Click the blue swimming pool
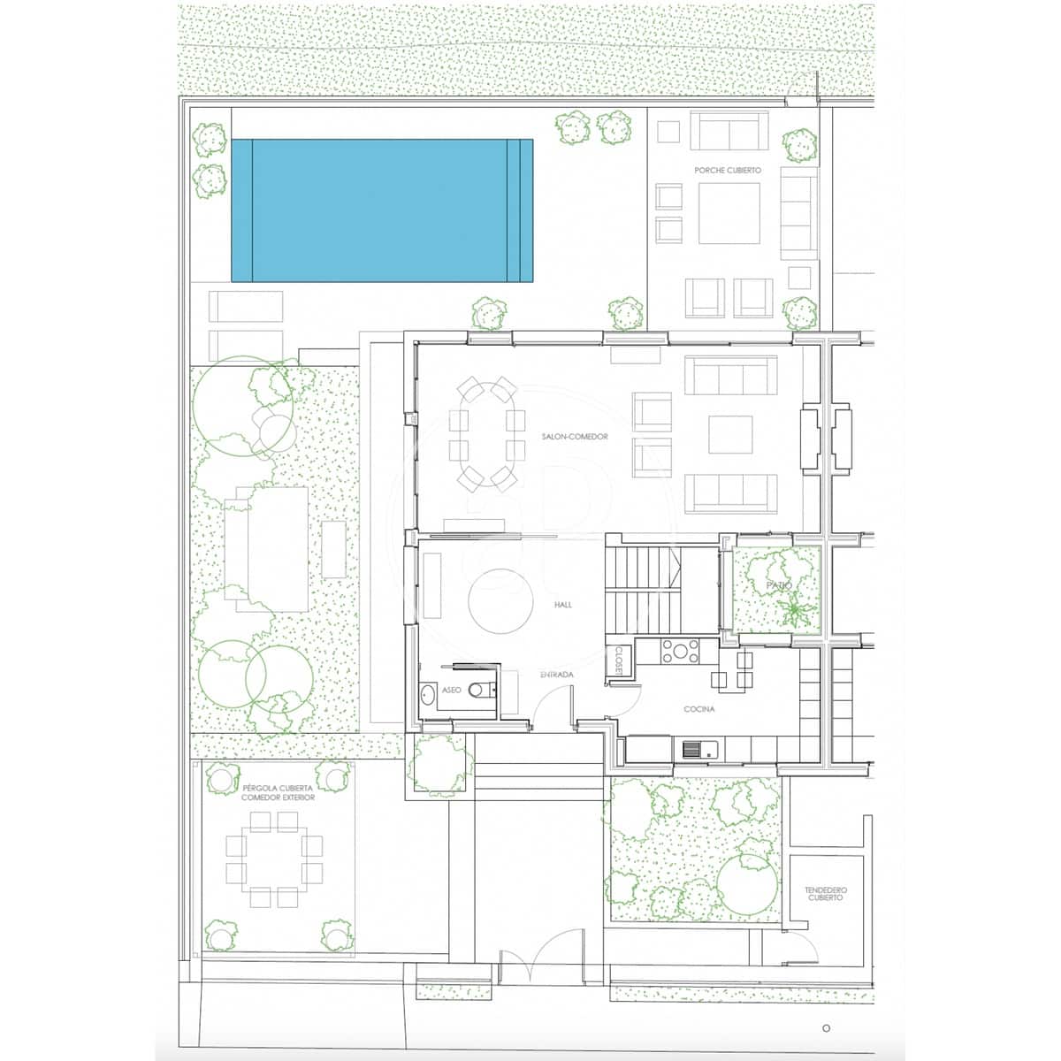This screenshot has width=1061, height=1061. pyautogui.click(x=382, y=210)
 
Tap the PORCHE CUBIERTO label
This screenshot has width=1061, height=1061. pyautogui.click(x=727, y=171)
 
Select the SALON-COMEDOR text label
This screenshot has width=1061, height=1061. pyautogui.click(x=576, y=437)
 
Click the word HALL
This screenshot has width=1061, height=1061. pyautogui.click(x=563, y=605)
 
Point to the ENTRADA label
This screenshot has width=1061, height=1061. pyautogui.click(x=557, y=675)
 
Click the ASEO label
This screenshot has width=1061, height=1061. pyautogui.click(x=451, y=690)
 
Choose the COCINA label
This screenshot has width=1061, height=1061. pyautogui.click(x=698, y=709)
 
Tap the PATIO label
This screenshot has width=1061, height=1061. pyautogui.click(x=779, y=585)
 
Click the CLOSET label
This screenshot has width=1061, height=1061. pyautogui.click(x=619, y=661)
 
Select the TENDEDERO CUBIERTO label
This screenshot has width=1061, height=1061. pyautogui.click(x=824, y=893)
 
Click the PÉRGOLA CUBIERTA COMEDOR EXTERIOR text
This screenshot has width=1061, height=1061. pyautogui.click(x=278, y=792)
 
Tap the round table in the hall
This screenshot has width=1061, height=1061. pyautogui.click(x=500, y=600)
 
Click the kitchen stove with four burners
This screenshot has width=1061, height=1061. pyautogui.click(x=680, y=652)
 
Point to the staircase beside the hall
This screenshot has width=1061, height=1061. pyautogui.click(x=645, y=589)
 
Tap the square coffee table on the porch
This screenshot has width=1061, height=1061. pyautogui.click(x=729, y=212)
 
